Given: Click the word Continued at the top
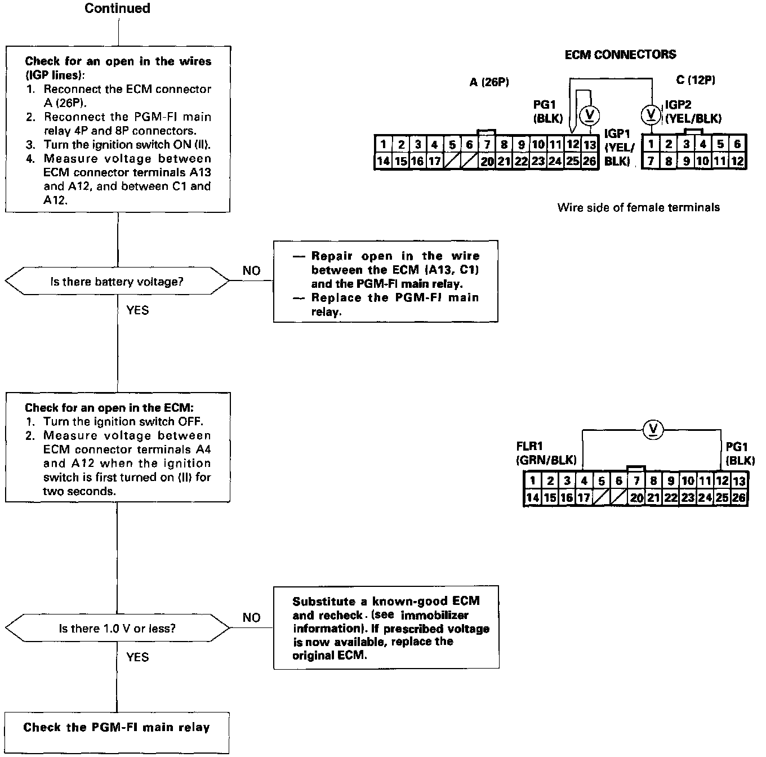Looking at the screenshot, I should (117, 8).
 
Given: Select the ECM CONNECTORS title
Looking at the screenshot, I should (620, 55).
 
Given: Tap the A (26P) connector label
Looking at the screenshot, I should (489, 82).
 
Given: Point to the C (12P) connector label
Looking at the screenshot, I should (696, 81).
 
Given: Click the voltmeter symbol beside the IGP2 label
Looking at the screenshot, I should (652, 114).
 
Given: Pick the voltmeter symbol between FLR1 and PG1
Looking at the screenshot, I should (653, 430).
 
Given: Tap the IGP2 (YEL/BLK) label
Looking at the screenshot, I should (693, 112).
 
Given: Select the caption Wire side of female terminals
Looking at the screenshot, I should (638, 207).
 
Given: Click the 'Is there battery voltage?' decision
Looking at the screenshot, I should (117, 282).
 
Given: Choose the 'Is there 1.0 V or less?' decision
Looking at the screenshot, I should (117, 628).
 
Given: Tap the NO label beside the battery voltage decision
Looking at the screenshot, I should (251, 271).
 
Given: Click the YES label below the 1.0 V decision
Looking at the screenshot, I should (137, 657).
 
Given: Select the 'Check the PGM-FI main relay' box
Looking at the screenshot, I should (117, 727).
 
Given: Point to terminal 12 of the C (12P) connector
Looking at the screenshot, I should (737, 161).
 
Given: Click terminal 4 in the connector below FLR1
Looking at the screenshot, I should (584, 481).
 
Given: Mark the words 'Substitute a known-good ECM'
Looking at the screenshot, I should (386, 602).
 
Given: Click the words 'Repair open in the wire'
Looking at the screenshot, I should (395, 256).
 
